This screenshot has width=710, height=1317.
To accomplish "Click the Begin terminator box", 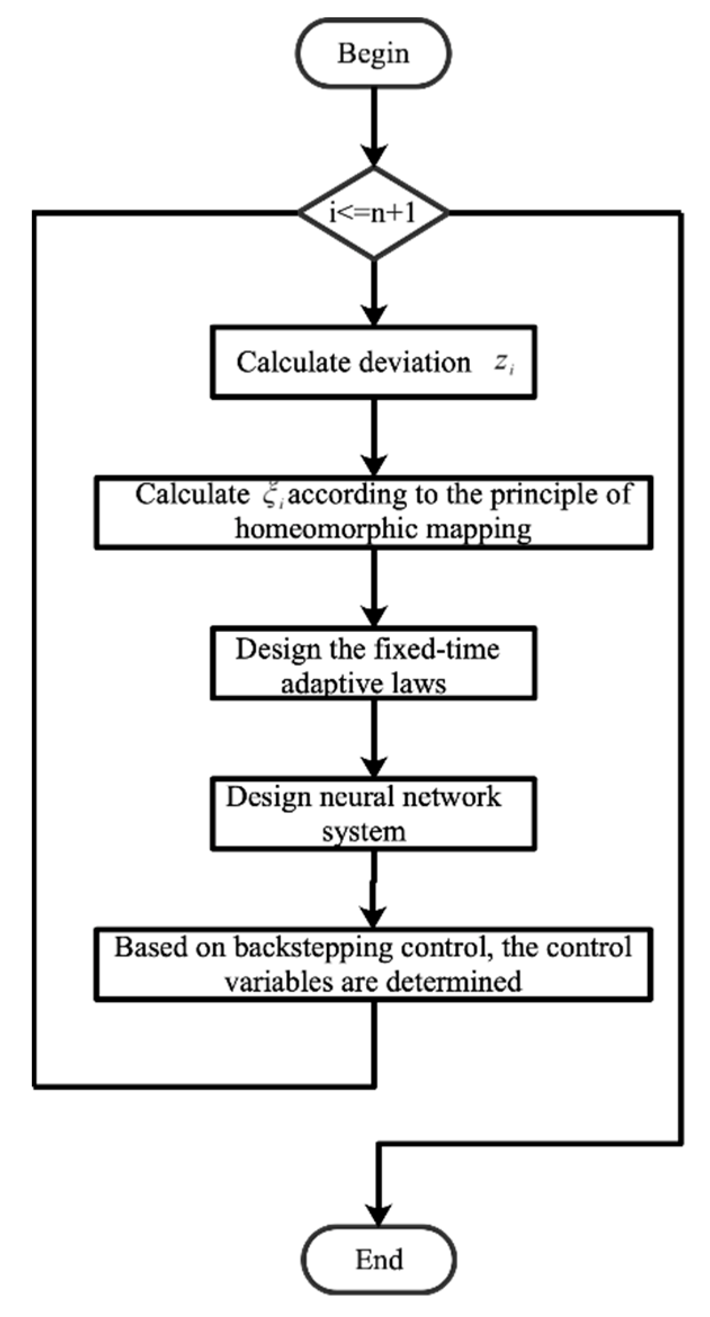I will click(373, 53).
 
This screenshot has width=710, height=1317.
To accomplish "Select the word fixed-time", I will click(436, 650).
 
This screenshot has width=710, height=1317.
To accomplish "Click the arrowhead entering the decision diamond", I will click(374, 156).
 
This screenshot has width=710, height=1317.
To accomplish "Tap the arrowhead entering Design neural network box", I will click(374, 766).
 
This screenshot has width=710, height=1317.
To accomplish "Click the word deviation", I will click(414, 363).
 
